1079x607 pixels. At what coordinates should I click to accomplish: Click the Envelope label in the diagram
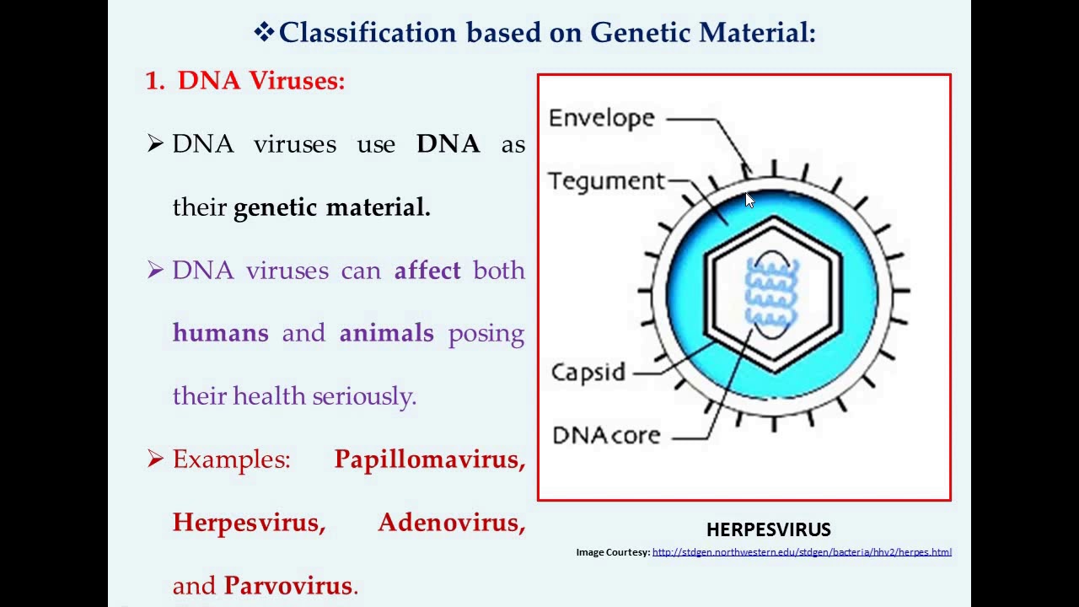tap(601, 118)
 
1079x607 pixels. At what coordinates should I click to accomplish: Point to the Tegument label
tap(606, 181)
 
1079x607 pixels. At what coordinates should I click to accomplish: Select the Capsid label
tap(588, 372)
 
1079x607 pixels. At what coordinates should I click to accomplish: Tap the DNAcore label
tap(606, 435)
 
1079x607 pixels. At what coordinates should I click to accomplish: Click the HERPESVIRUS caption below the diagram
tap(768, 529)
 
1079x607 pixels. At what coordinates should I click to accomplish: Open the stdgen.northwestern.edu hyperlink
tap(801, 552)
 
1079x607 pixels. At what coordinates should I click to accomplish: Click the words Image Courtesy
tap(613, 552)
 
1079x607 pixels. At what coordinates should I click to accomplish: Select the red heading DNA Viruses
tap(260, 81)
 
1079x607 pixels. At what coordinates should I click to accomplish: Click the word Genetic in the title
tap(640, 33)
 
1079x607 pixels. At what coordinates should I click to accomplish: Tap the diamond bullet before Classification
tap(264, 33)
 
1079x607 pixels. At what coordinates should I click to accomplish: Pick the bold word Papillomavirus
tap(429, 459)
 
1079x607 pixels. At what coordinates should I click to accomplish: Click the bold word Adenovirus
tap(451, 523)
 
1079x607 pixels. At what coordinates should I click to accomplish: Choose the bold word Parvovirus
tap(288, 586)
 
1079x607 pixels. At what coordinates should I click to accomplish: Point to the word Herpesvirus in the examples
tap(248, 523)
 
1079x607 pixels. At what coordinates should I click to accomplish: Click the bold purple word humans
tap(220, 333)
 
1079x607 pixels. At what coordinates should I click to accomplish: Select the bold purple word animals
tap(386, 333)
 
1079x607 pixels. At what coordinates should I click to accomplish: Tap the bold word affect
tap(427, 271)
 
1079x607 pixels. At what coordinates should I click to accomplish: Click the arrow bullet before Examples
tap(155, 459)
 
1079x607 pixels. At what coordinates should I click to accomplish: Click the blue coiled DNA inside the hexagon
tap(771, 292)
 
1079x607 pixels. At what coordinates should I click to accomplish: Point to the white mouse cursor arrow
tap(749, 200)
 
